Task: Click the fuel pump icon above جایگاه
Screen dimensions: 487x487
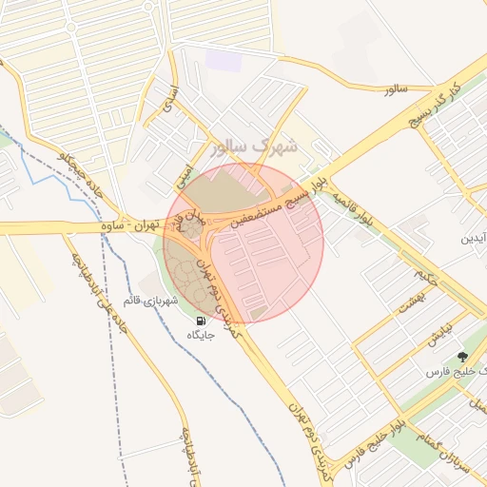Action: point(201,321)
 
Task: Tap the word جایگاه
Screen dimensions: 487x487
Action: point(201,336)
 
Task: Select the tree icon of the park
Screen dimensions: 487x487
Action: point(463,357)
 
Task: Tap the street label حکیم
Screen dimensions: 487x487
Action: point(424,275)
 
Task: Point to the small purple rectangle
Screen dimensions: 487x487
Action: point(224,60)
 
